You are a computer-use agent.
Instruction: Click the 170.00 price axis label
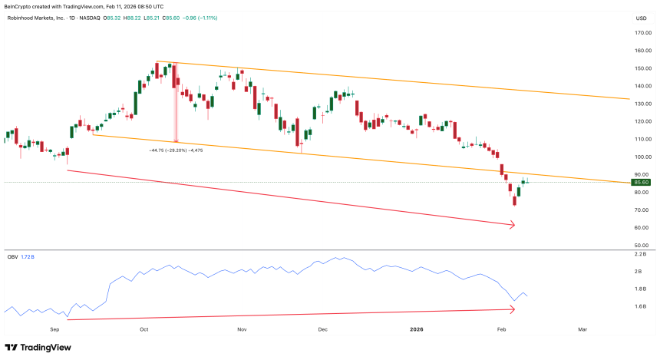click(x=642, y=33)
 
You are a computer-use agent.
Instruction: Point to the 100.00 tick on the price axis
click(x=642, y=157)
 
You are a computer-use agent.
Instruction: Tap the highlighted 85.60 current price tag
click(x=642, y=182)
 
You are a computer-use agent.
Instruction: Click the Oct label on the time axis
click(x=144, y=328)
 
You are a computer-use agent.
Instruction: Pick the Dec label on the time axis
click(x=322, y=328)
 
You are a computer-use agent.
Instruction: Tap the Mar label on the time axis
click(x=582, y=328)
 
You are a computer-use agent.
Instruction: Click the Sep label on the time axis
click(x=54, y=328)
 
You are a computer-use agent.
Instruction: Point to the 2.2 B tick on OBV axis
click(x=641, y=253)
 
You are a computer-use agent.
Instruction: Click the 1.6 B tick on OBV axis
click(x=641, y=307)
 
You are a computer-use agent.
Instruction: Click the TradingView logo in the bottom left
click(x=38, y=348)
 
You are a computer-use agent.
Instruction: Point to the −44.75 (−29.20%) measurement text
click(x=176, y=150)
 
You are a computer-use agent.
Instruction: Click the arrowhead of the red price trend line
click(x=513, y=225)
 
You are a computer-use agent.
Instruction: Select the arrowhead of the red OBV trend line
click(x=513, y=309)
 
